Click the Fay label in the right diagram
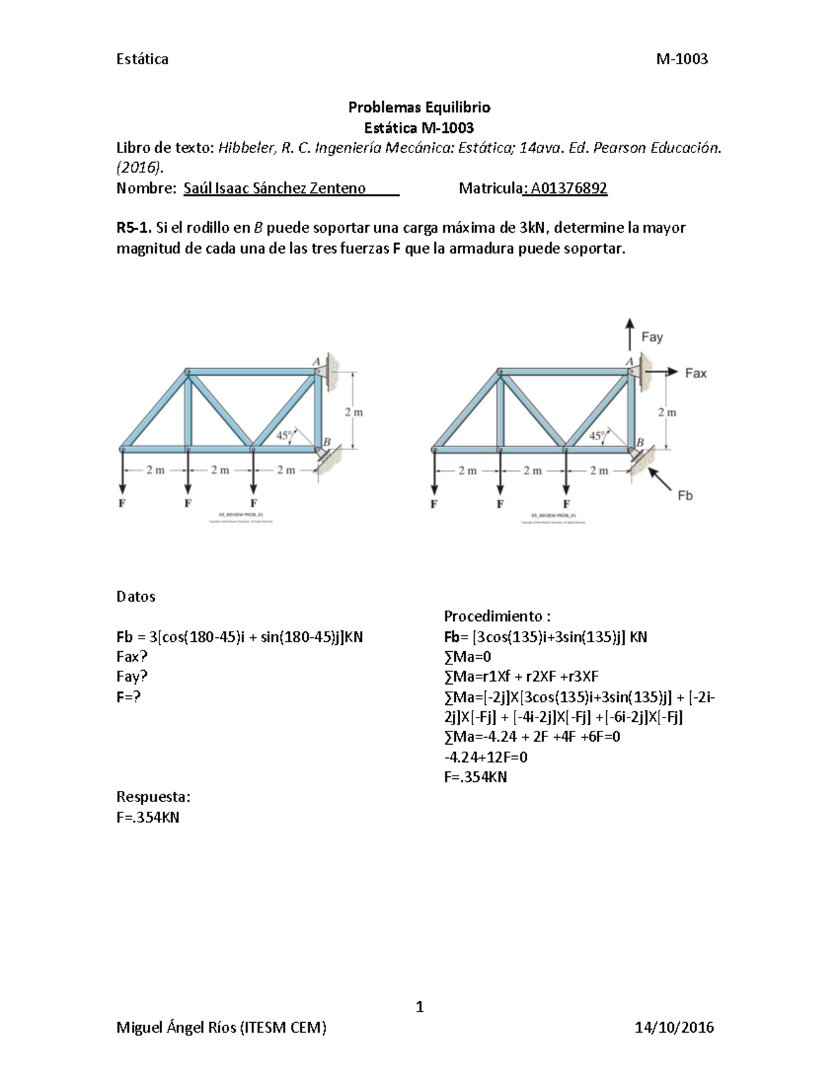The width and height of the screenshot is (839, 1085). tap(652, 337)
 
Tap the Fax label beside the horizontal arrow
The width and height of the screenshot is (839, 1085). tap(696, 374)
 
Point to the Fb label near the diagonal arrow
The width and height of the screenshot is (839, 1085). tap(684, 495)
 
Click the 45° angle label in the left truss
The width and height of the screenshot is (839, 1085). tap(284, 435)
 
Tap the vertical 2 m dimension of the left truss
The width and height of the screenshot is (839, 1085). tap(354, 412)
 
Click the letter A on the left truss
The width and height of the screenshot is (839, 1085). tap(316, 361)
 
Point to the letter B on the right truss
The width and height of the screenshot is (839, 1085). tap(639, 442)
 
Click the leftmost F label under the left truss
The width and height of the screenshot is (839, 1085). tap(122, 503)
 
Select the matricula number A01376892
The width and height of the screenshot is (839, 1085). tap(568, 188)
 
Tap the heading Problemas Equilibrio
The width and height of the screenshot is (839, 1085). tap(419, 108)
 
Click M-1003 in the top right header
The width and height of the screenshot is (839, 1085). tap(682, 59)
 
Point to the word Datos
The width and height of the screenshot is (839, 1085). tap(136, 597)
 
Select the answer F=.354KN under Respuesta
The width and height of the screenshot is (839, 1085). tap(148, 817)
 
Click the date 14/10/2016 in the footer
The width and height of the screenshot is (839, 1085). tap(674, 1027)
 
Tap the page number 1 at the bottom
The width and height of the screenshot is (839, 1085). tap(419, 1007)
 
